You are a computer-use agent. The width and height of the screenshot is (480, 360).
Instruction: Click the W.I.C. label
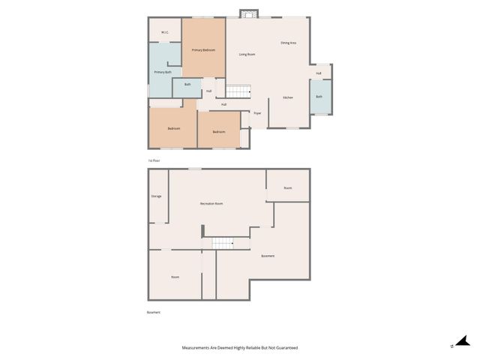coord(164,32)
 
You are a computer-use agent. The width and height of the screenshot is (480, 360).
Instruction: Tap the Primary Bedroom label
coord(203,50)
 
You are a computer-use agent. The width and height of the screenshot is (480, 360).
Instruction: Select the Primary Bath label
coord(163,72)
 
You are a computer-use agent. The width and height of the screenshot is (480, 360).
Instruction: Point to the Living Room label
coord(247,55)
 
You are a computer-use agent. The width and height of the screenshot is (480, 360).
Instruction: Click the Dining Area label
coord(289,43)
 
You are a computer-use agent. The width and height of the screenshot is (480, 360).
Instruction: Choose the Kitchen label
coord(287,98)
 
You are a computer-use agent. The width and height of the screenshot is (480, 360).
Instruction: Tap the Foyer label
coord(257,113)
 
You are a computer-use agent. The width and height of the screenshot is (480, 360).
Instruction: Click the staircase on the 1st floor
coord(238,91)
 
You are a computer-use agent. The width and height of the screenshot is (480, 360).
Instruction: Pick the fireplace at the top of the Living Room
coord(248,13)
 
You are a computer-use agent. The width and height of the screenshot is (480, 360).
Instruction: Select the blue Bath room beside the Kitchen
coord(319,97)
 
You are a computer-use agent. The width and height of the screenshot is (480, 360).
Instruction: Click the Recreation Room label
coord(211,204)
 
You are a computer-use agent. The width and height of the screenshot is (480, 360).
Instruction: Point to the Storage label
coord(156,196)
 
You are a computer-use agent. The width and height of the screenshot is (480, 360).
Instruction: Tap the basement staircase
coord(223,242)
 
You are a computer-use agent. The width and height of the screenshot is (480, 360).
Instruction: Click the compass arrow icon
coord(463,341)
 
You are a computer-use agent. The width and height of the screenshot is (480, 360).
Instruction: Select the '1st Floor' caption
coord(154,160)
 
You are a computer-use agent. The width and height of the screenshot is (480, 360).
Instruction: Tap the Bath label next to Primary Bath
coord(187,85)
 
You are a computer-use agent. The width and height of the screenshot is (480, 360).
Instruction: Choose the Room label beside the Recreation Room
coord(288,187)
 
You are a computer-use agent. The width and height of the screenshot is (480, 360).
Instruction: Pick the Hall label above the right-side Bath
coord(319,73)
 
